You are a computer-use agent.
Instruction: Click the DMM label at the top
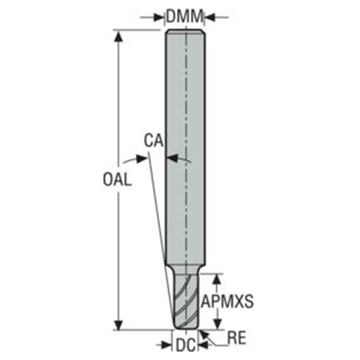tap(185, 16)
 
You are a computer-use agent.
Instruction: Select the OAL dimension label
tap(118, 179)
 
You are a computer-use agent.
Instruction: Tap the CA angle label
tap(154, 141)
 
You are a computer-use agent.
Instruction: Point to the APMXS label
tap(227, 301)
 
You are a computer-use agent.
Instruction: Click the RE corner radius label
tap(237, 337)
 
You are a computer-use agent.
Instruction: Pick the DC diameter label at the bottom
tap(186, 345)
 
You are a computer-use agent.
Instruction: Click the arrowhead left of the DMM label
tap(159, 17)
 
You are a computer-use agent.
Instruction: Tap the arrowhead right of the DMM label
tap(210, 17)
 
